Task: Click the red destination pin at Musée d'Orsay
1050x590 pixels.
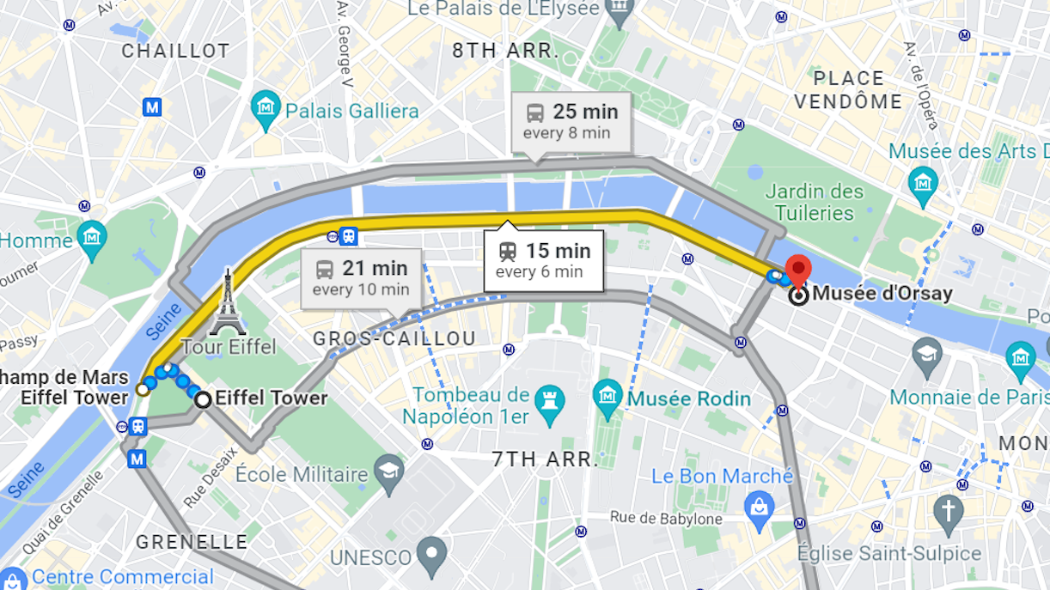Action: click(798, 270)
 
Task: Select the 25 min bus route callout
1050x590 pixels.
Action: click(571, 121)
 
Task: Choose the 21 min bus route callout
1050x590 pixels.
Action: click(361, 277)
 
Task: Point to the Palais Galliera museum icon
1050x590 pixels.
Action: click(266, 110)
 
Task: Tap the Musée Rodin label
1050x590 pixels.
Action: click(688, 398)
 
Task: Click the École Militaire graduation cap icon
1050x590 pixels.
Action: click(389, 473)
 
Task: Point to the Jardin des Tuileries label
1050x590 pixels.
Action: click(814, 202)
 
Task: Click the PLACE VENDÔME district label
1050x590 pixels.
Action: click(848, 90)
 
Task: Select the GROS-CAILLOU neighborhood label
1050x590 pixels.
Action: click(394, 339)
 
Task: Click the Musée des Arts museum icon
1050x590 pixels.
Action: click(923, 182)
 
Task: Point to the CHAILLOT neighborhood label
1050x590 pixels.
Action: click(175, 51)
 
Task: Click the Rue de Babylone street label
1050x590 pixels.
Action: click(666, 518)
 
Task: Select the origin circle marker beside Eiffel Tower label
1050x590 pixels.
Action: click(203, 399)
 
